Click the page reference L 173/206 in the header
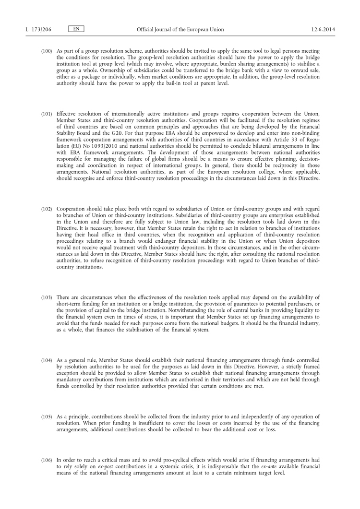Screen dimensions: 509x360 [x=38, y=29]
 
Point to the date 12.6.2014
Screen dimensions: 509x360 [x=323, y=29]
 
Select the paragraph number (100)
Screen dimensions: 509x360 [x=47, y=51]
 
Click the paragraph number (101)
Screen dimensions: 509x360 [x=47, y=114]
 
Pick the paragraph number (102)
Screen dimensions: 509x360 [x=47, y=210]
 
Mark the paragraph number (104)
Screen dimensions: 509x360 [x=47, y=360]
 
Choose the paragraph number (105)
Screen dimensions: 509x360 [x=47, y=416]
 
